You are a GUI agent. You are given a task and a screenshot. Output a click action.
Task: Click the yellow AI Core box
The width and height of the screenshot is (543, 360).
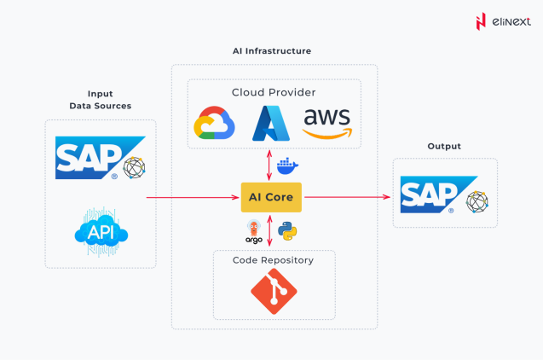(271, 197)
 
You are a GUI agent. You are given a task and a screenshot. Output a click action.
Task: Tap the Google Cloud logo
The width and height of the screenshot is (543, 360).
(213, 124)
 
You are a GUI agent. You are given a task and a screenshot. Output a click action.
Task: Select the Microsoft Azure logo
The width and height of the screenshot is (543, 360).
(271, 123)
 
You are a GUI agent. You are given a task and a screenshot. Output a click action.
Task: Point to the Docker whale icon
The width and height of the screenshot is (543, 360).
(287, 165)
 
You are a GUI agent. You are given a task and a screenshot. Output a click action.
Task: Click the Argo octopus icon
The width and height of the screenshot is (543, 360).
(254, 230)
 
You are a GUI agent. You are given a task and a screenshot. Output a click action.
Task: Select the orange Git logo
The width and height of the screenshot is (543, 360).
(274, 291)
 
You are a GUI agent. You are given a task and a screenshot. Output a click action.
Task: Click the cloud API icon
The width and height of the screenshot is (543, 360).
(101, 232)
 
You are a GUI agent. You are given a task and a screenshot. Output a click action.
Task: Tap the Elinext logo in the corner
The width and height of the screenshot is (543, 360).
(503, 20)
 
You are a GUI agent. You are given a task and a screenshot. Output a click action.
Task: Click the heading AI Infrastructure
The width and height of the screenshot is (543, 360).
(272, 51)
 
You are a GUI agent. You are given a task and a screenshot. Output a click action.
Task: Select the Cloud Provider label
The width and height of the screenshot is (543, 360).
(274, 92)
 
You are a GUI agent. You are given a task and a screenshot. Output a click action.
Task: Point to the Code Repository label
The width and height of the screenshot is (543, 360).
(273, 260)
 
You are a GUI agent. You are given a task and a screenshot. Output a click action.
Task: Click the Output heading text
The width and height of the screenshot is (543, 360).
(444, 147)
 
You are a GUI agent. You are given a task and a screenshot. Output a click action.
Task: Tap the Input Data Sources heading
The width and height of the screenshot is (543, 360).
(101, 100)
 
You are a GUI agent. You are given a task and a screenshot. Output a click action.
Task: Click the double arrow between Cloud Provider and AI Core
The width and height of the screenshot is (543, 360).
(270, 165)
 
